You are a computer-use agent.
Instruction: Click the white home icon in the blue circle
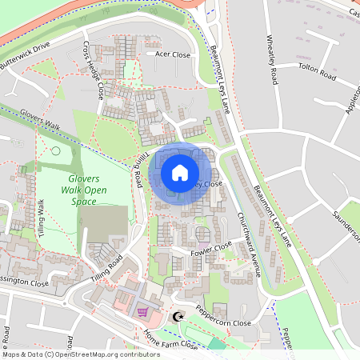point(180,173)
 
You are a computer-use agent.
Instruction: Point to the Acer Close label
point(173,55)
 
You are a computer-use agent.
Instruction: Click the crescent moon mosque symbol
point(178,317)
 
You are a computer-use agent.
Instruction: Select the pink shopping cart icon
point(143,312)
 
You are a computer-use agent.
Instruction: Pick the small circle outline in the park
point(56,150)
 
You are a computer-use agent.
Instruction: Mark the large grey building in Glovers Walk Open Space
point(106,224)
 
